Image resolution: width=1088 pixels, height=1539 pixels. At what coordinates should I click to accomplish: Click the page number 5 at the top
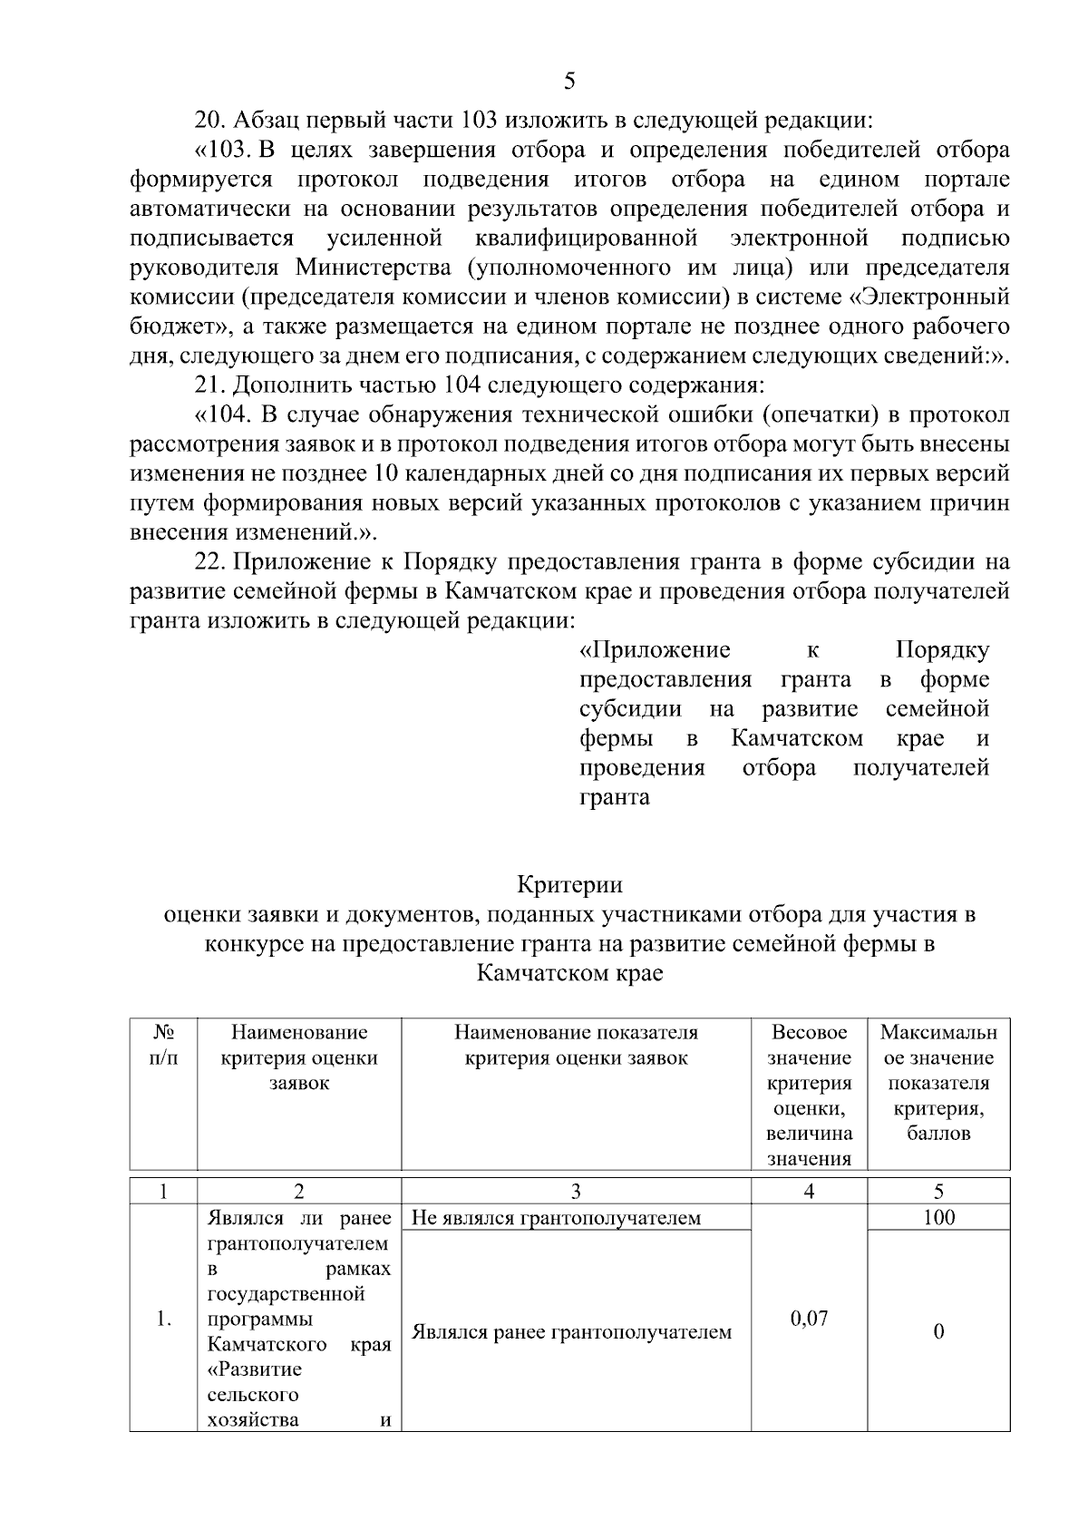[x=569, y=81]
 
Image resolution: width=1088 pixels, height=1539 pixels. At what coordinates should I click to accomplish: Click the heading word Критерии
[x=569, y=883]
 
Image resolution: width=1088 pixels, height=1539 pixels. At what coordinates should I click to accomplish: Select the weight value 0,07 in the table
[x=809, y=1318]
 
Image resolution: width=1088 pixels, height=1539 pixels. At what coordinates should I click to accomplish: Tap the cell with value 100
[x=938, y=1217]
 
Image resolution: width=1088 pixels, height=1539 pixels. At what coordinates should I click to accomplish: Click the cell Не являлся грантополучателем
[x=556, y=1217]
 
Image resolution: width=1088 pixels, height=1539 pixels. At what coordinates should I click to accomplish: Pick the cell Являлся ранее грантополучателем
[x=571, y=1331]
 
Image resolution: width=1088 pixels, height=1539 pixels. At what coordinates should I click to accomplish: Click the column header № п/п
[x=163, y=1045]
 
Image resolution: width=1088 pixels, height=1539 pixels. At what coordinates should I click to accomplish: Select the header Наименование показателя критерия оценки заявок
[x=576, y=1045]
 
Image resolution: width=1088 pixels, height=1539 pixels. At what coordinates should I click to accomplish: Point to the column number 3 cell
[x=576, y=1191]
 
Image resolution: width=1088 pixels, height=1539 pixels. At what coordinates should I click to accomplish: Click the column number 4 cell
[x=809, y=1191]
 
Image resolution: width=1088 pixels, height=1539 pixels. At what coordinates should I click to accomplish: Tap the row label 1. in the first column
[x=163, y=1319]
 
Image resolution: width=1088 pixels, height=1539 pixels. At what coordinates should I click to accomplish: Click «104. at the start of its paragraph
[x=223, y=415]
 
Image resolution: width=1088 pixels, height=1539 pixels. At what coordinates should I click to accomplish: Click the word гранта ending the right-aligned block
[x=614, y=798]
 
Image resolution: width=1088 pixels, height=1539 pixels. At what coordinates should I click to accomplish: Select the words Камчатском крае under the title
[x=569, y=974]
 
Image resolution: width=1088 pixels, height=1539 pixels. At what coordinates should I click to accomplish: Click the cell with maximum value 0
[x=938, y=1331]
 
